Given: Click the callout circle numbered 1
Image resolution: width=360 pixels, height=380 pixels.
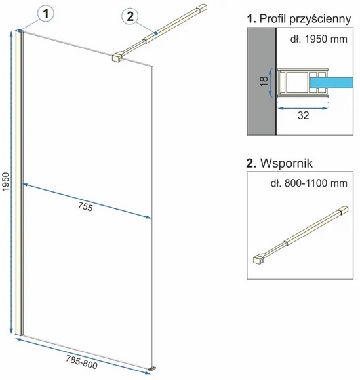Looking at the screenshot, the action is (46, 13).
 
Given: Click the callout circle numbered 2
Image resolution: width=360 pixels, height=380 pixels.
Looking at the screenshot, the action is (130, 16).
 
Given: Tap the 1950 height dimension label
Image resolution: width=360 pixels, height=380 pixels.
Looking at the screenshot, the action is (5, 181).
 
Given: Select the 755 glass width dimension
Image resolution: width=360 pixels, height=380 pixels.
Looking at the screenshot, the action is (85, 207).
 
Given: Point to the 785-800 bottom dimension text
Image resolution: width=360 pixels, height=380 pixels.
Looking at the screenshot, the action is (82, 362).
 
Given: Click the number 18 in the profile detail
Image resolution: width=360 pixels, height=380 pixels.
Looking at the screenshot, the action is (264, 81).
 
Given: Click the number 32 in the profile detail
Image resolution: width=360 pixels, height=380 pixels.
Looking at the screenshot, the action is (303, 115).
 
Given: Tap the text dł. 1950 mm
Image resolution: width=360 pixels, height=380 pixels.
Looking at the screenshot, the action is (319, 39).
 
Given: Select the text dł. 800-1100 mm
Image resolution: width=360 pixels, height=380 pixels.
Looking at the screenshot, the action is (309, 183).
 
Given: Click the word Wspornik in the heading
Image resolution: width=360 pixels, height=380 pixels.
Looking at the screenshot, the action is (287, 163).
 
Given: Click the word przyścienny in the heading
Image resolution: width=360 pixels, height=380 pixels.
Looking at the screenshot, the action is (320, 19).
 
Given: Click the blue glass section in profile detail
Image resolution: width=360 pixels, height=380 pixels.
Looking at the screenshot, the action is (331, 83).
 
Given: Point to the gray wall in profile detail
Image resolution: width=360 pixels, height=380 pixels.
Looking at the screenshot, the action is (261, 81).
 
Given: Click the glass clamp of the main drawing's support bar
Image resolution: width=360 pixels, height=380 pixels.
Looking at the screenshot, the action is (117, 57).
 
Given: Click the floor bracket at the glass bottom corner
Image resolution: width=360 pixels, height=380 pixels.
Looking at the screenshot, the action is (152, 369).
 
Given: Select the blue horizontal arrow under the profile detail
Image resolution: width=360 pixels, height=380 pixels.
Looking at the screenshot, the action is (303, 109).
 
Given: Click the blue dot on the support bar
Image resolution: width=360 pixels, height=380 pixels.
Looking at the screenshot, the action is (156, 33).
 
